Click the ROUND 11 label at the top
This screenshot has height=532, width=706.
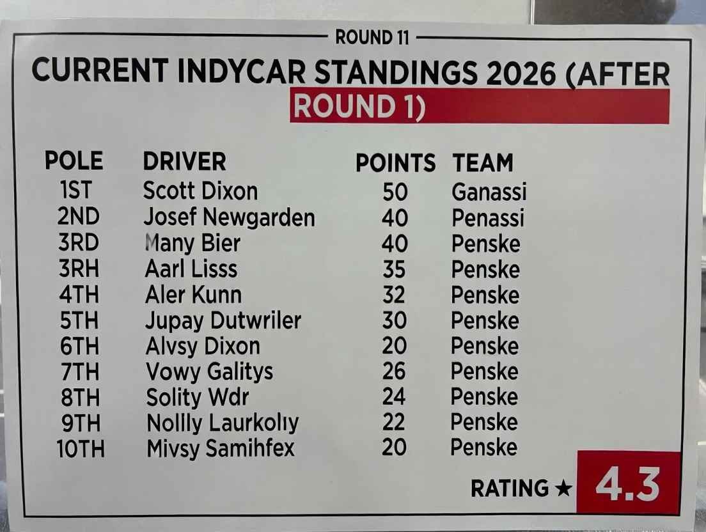(372, 38)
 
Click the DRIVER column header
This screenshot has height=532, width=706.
(184, 162)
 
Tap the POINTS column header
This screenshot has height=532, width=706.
(395, 163)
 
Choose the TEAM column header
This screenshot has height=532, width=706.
(483, 163)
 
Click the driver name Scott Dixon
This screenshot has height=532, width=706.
(200, 191)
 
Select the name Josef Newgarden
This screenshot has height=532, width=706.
(229, 217)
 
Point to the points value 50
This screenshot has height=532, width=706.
(395, 192)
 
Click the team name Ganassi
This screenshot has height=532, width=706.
(489, 192)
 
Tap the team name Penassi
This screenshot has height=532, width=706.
(488, 218)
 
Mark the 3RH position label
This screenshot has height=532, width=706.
(79, 269)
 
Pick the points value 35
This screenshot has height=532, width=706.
(394, 269)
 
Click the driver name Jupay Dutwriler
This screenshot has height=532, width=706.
(223, 320)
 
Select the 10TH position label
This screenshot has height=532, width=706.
(80, 448)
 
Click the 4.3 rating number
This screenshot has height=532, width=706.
(627, 486)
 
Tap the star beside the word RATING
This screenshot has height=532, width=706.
(563, 489)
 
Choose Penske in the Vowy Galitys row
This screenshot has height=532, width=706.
(485, 372)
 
